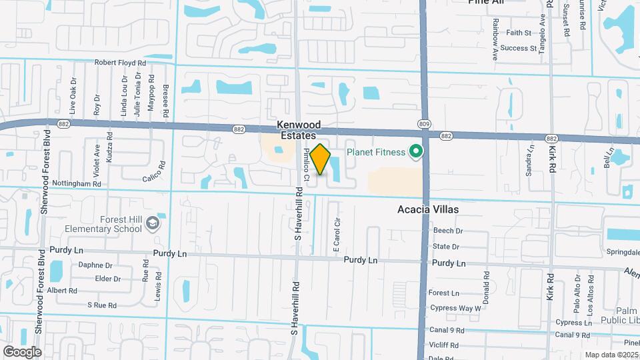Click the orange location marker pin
(321, 159)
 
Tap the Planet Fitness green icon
(417, 152)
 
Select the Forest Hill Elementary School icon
(154, 223)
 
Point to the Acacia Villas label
(428, 209)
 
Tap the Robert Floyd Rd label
(120, 63)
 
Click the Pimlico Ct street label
(307, 163)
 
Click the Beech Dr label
(447, 231)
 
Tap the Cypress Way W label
(455, 309)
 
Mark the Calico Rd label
(153, 171)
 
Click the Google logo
(22, 351)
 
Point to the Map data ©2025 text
(611, 355)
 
